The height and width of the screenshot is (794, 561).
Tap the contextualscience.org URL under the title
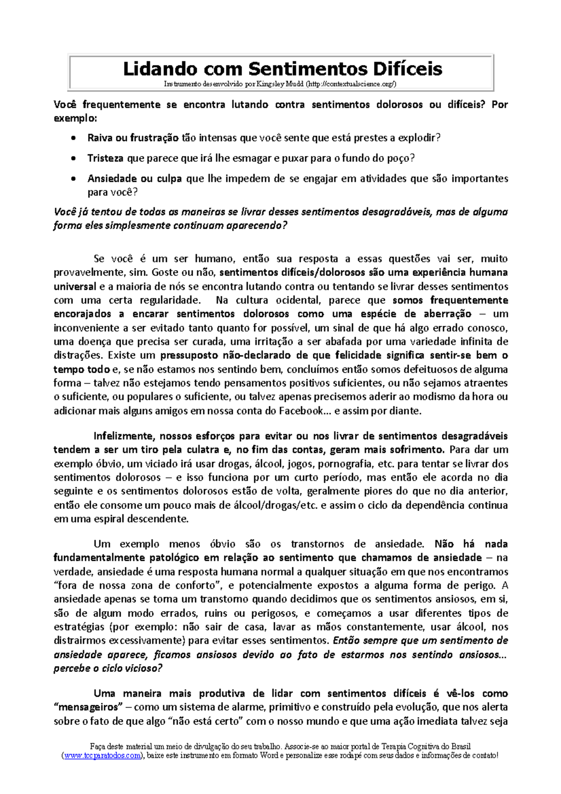coord(352,84)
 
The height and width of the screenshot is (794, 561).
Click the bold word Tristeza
coord(105,158)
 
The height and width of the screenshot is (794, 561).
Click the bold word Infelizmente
coord(123,436)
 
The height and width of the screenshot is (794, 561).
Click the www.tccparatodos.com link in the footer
coord(101,756)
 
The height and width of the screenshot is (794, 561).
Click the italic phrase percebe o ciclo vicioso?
coord(108,668)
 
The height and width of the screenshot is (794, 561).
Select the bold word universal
coord(75,286)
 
